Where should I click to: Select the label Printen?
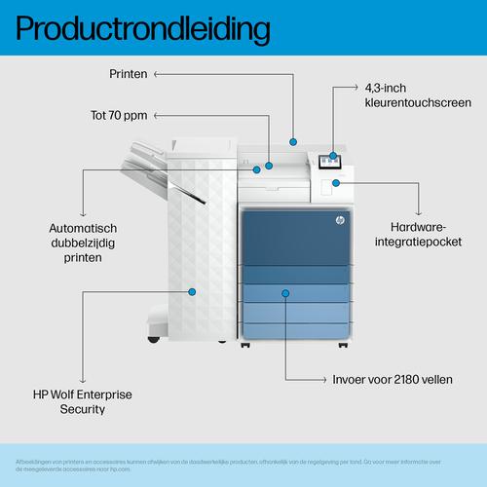pos(129,73)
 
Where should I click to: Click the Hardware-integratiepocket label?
pos(420,233)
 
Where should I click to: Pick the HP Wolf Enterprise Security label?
pos(82,401)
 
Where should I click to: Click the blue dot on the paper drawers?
pos(286,290)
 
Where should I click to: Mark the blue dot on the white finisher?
pos(192,290)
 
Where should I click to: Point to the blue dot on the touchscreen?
pos(334,155)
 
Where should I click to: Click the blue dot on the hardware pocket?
pos(336,182)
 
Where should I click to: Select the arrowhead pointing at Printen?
pos(158,73)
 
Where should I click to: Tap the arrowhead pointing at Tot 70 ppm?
pos(158,115)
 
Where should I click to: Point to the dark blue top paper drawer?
pos(292,243)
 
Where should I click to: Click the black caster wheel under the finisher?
pos(153,338)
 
